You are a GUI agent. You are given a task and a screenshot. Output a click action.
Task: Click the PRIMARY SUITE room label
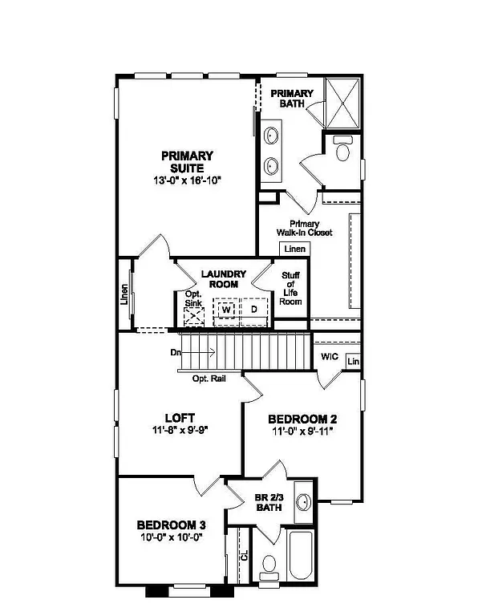(x=187, y=161)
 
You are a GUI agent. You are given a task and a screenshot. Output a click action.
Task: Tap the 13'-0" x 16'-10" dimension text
(x=187, y=181)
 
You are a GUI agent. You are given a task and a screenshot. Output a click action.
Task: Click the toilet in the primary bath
(x=342, y=151)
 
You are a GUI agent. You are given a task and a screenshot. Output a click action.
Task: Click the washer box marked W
(x=226, y=310)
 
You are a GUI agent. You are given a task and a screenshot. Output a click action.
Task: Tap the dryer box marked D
(x=253, y=310)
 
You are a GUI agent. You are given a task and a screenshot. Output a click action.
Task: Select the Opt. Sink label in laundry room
(x=193, y=298)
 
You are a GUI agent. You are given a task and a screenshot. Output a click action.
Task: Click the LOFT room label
(x=180, y=418)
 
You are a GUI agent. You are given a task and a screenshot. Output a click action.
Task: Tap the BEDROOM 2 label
(x=301, y=419)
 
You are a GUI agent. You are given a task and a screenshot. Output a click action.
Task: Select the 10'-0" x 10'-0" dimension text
(x=168, y=537)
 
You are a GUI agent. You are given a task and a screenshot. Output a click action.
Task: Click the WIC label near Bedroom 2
(x=329, y=356)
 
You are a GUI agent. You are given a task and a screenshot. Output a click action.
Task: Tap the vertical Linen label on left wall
(x=124, y=296)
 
